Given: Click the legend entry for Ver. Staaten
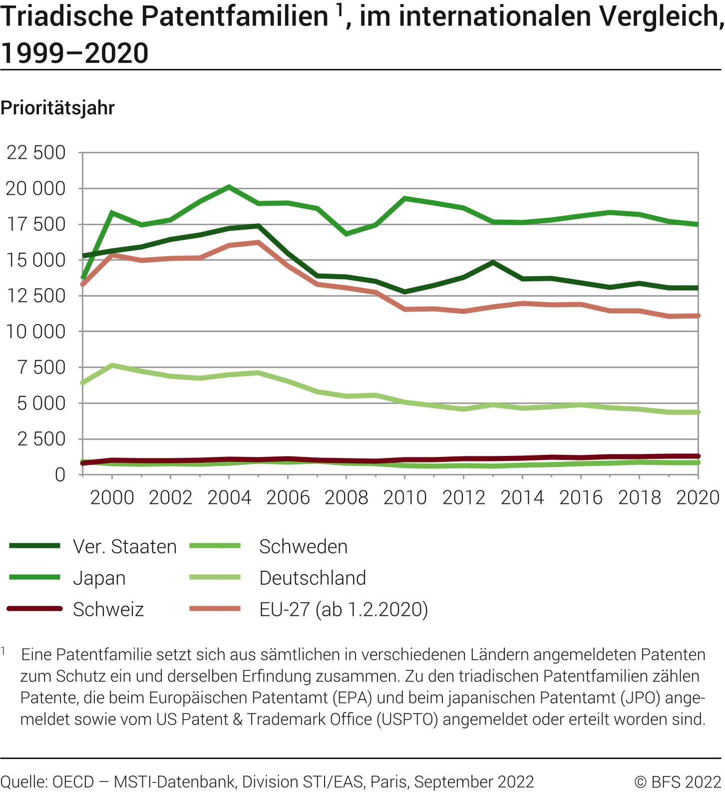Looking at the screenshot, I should [124, 547].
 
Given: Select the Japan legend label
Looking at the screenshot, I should [99, 578].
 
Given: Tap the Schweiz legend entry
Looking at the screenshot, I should [108, 610].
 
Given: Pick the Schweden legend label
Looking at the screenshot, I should [303, 547].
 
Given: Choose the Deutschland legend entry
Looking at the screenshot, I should [313, 578].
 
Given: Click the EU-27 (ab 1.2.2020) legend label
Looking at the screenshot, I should [344, 610].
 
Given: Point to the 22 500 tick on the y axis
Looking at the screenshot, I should [35, 153].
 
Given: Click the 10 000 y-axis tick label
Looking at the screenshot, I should [35, 332].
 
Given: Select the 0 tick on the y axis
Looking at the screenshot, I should [60, 475].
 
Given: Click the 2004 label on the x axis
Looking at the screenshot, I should [229, 498].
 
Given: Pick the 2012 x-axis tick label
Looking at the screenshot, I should [463, 498].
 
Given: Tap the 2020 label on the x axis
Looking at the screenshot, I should [698, 498].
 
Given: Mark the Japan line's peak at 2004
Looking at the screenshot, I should [229, 187].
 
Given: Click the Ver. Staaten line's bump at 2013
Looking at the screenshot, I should [493, 262].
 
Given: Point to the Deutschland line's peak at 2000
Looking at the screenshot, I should [112, 365].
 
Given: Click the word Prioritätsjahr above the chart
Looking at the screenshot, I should [57, 108].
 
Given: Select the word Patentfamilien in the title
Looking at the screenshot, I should [235, 16].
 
